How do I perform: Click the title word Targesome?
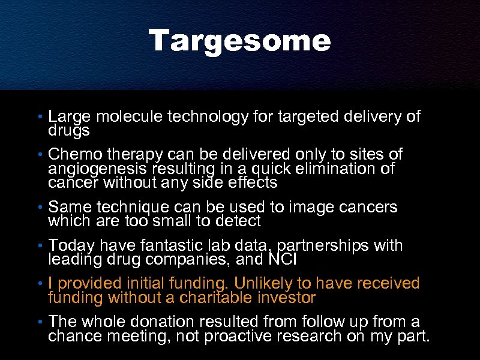point(240,41)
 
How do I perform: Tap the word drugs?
point(69,130)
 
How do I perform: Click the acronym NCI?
point(283,260)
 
